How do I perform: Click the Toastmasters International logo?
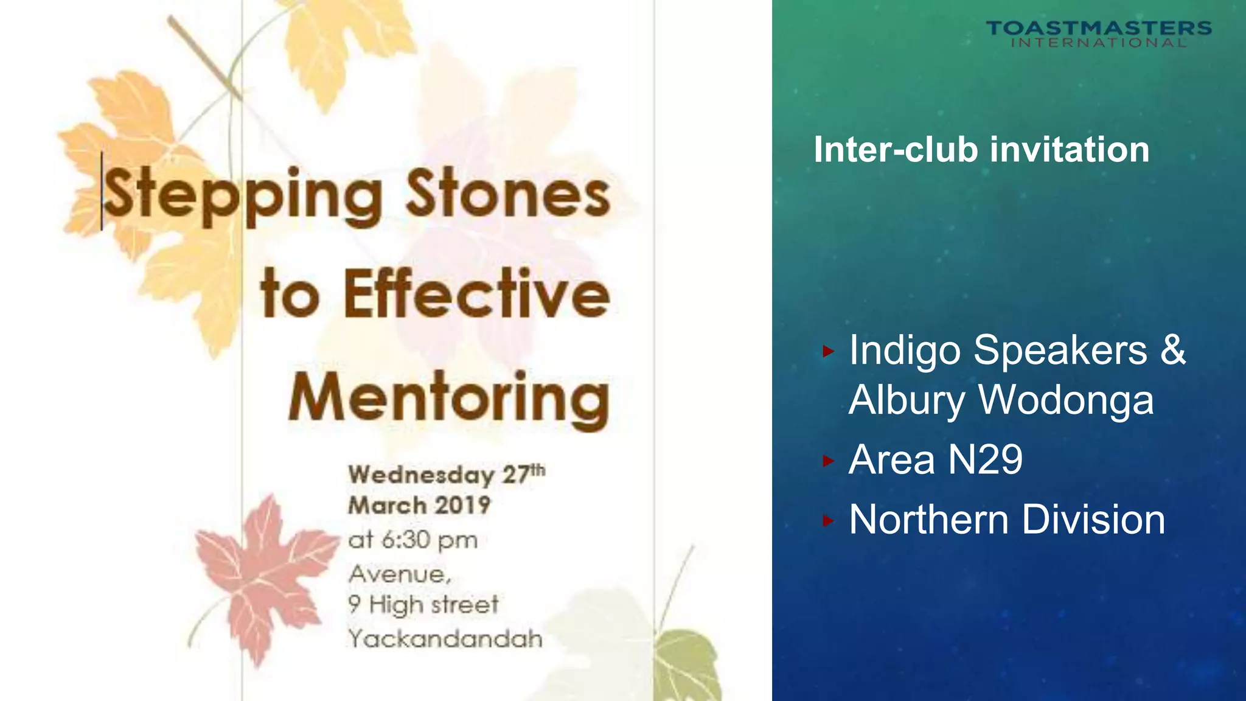(x=1098, y=33)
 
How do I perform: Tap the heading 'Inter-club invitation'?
(x=981, y=150)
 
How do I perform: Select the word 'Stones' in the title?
(x=507, y=194)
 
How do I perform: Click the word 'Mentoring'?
(x=449, y=399)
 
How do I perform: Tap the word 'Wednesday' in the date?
(x=421, y=475)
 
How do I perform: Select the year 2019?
(x=462, y=506)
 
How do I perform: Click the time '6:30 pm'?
(x=429, y=540)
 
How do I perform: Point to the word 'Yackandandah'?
(x=445, y=639)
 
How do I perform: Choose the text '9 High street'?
(x=423, y=605)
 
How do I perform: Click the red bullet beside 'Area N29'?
(x=827, y=461)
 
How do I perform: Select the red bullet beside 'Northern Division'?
(x=827, y=521)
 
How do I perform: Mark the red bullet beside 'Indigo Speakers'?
(x=827, y=351)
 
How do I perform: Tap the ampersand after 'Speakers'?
(x=1173, y=350)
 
